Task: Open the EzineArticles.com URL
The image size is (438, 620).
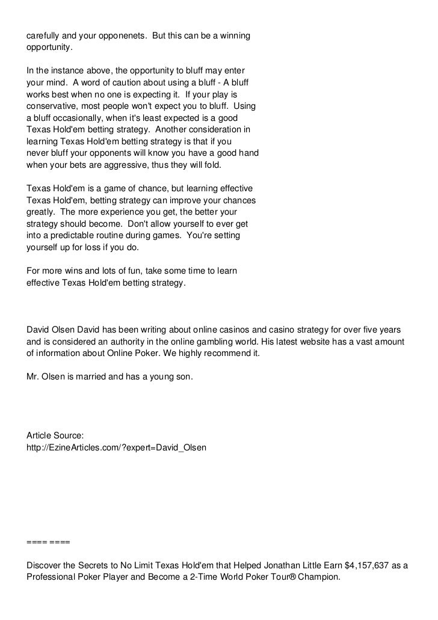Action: point(117,448)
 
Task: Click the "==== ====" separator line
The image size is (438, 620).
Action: point(48,541)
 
